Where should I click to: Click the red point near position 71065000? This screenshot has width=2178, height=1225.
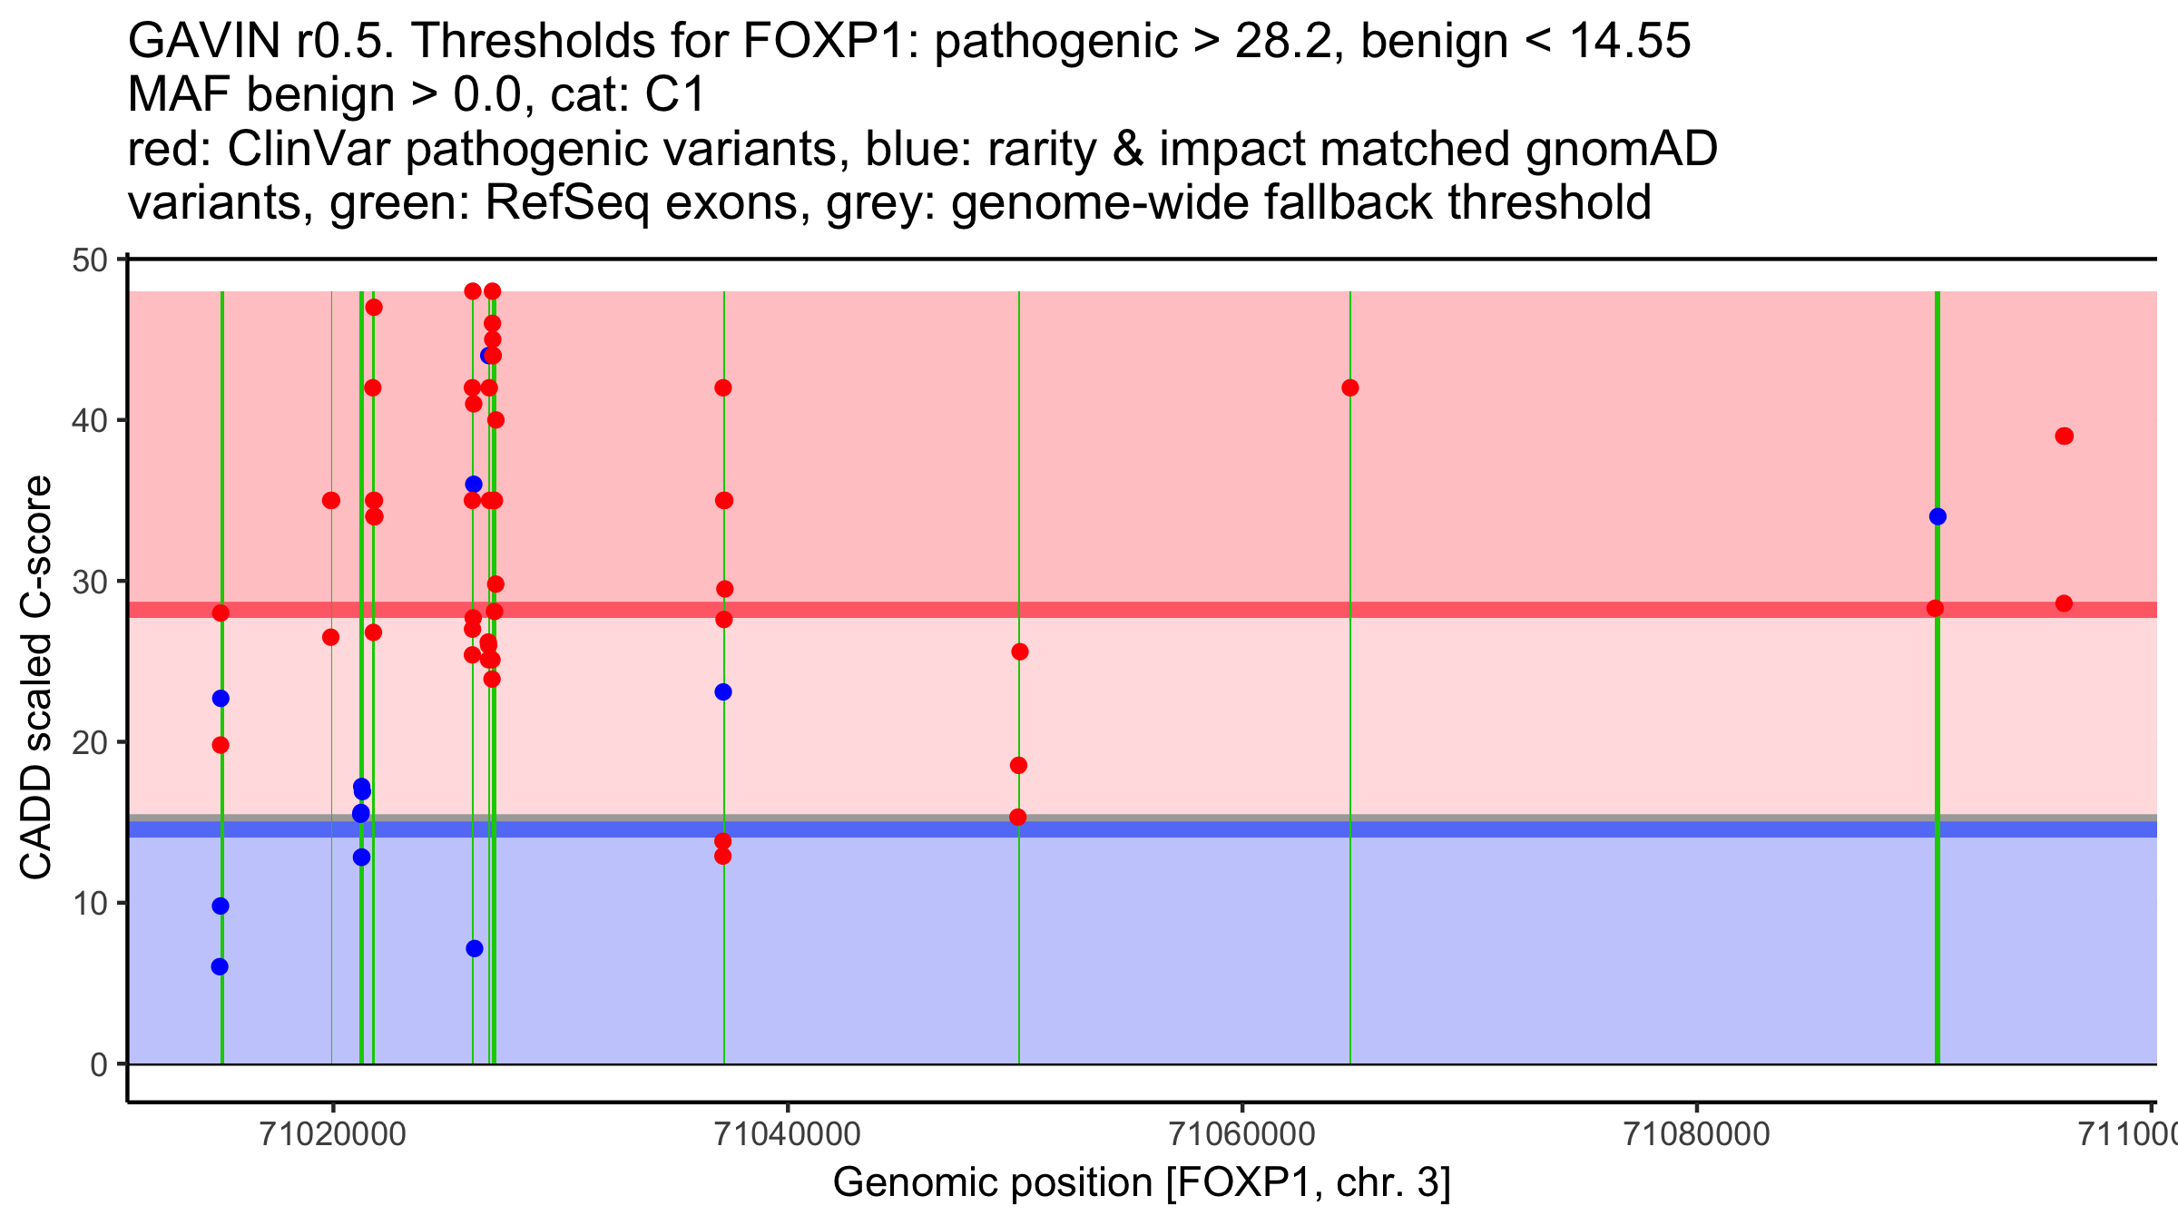point(1350,388)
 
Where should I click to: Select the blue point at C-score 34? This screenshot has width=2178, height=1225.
point(1938,516)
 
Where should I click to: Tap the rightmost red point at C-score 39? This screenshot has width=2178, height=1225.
point(2065,436)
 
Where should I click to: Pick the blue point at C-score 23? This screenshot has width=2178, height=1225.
point(723,692)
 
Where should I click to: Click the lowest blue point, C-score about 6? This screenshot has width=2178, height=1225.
point(220,966)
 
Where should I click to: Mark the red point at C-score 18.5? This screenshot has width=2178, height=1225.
point(1018,765)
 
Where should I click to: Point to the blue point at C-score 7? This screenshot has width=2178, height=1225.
point(475,948)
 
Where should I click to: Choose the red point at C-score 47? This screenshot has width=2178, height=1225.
point(374,308)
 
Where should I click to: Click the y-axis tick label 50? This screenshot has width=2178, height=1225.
point(89,260)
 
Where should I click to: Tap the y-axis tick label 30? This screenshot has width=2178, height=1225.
point(89,582)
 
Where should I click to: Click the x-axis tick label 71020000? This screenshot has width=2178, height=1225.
point(332,1134)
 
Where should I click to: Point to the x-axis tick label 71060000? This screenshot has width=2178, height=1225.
point(1241,1134)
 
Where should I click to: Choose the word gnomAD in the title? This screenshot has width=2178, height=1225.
point(1621,149)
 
